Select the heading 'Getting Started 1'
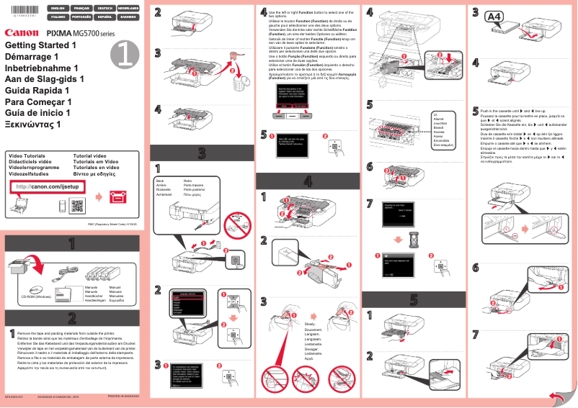tap(40, 45)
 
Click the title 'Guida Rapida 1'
tap(37, 91)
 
